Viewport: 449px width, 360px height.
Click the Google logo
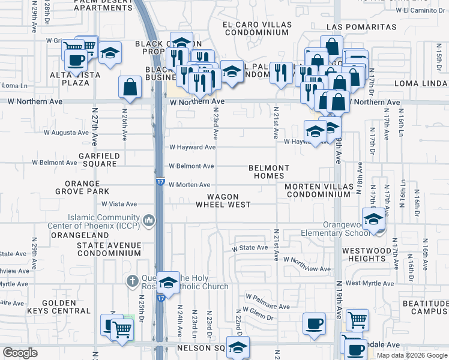(x=20, y=353)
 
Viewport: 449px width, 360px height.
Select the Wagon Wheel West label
(x=223, y=200)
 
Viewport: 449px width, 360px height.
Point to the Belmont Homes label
(x=270, y=172)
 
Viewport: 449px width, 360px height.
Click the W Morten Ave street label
(x=189, y=185)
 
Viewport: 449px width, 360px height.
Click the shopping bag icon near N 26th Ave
(x=130, y=88)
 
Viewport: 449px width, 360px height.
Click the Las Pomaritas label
(x=361, y=28)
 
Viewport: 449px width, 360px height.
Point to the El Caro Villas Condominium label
(x=257, y=29)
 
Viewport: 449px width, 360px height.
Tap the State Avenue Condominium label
(x=109, y=249)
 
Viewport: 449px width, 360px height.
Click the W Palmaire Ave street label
(x=267, y=307)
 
